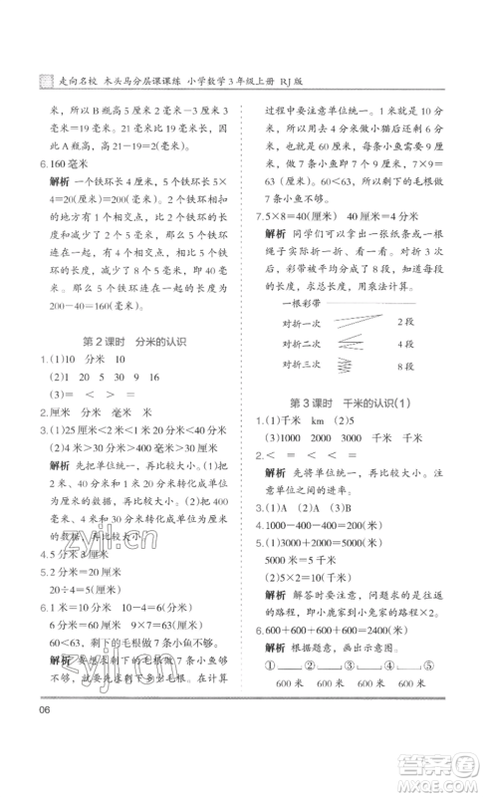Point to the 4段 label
coord(406,344)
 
